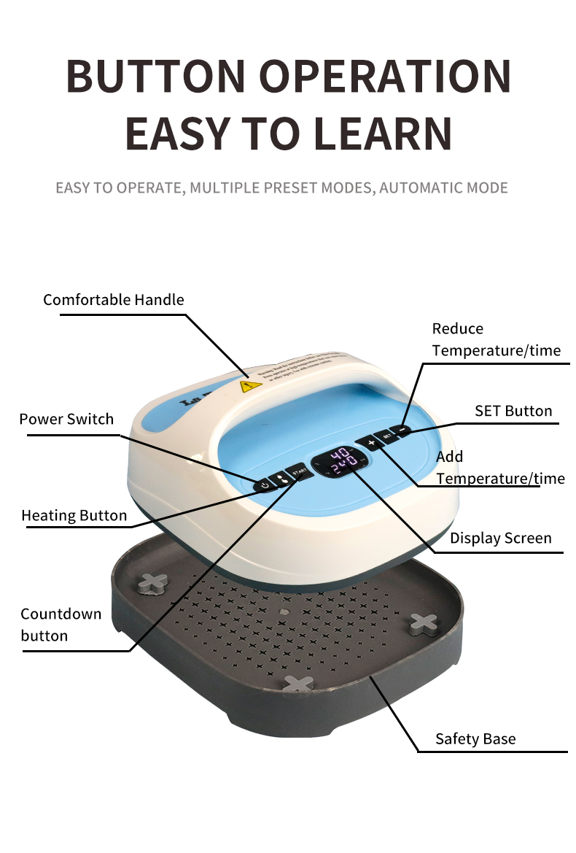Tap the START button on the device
click(298, 473)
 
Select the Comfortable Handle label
click(113, 299)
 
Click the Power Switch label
click(66, 419)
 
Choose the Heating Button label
click(74, 515)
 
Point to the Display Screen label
click(500, 539)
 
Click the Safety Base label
click(475, 738)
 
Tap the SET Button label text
click(513, 410)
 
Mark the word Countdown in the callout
click(61, 614)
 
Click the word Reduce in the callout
click(457, 328)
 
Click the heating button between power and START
click(281, 479)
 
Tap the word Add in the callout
click(449, 456)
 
